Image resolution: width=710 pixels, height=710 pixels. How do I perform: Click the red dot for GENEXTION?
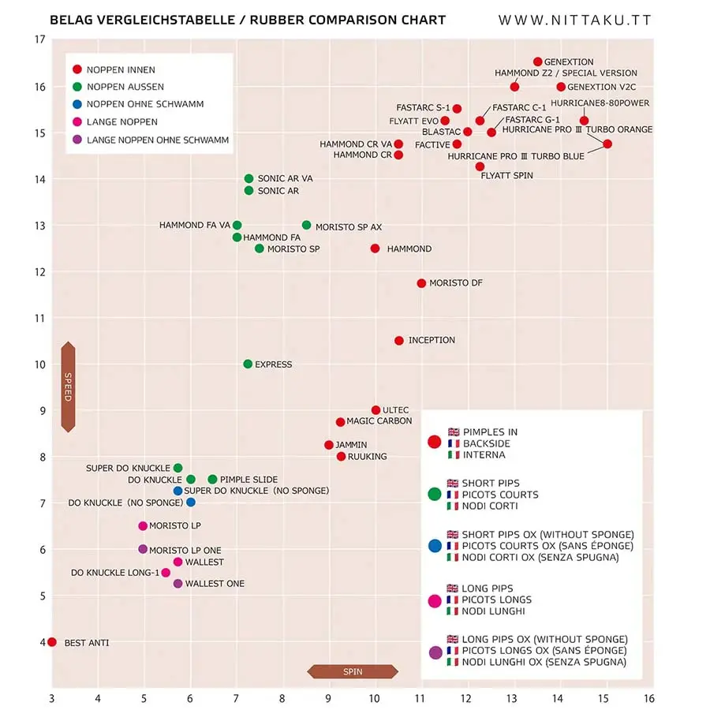(x=537, y=62)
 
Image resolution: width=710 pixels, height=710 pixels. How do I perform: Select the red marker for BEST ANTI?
(x=52, y=642)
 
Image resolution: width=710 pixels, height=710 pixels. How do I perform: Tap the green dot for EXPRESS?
(x=248, y=364)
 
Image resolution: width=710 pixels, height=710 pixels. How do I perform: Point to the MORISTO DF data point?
(x=421, y=283)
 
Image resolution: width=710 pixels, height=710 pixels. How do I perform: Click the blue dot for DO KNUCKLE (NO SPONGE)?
(x=191, y=503)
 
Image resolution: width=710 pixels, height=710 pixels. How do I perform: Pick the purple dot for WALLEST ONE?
(x=178, y=584)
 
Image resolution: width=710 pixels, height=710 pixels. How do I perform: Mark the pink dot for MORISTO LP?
(x=143, y=525)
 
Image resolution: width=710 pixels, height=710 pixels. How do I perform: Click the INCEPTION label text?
(x=432, y=340)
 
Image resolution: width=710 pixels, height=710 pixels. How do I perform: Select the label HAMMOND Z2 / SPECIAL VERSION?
(x=566, y=73)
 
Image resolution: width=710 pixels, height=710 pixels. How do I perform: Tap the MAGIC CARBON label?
(x=379, y=421)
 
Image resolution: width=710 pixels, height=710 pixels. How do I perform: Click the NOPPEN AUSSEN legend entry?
(x=118, y=87)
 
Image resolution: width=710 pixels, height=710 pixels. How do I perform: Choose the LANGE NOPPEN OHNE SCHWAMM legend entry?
(x=151, y=140)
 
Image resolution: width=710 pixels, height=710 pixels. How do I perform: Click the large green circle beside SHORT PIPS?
(x=434, y=494)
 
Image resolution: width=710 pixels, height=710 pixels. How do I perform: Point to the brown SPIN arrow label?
(x=353, y=671)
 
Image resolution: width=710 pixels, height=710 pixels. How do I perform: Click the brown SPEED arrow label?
(x=68, y=387)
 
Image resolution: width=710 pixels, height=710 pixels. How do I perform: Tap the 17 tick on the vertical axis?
(x=40, y=39)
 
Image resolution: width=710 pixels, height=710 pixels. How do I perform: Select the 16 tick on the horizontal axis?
(x=649, y=699)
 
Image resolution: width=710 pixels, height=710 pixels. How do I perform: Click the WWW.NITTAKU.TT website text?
(x=575, y=21)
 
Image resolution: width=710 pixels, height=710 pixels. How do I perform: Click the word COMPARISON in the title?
(x=332, y=20)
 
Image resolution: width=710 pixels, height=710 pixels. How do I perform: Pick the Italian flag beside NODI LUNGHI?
(x=452, y=611)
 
